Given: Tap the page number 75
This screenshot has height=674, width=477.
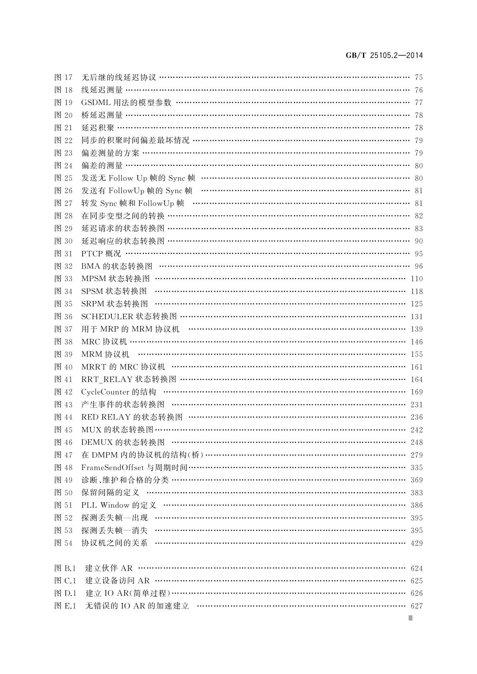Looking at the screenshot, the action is point(419,78).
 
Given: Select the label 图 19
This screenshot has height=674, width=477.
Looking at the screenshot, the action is point(63,103).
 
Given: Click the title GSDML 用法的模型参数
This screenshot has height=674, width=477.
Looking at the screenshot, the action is point(126,103).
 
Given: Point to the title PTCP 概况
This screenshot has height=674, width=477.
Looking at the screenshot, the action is point(101,254).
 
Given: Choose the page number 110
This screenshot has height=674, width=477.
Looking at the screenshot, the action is point(417,279).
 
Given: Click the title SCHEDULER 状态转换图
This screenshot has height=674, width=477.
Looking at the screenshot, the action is point(129,317).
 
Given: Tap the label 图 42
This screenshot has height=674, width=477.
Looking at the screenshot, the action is point(63,392).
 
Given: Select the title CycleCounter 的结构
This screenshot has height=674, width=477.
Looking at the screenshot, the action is point(119,392).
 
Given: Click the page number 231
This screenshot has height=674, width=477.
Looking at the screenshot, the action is point(417,405).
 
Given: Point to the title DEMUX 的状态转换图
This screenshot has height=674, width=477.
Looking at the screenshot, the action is point(123,442).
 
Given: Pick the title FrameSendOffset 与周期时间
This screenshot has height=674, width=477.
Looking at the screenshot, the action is point(134,467).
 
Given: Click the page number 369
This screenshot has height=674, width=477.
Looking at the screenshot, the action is point(417,480).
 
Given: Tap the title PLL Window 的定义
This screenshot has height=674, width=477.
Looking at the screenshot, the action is point(119,505).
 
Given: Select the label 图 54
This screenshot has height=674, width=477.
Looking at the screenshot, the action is point(63,543).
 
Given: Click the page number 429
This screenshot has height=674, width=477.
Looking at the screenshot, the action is point(417,543).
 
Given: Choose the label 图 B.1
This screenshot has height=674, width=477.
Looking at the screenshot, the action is point(65,568).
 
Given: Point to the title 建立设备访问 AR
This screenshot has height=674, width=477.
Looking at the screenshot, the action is point(117,581).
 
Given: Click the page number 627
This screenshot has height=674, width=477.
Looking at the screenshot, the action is point(417,606).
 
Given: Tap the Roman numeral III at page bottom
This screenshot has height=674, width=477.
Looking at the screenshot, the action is point(410,618).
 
